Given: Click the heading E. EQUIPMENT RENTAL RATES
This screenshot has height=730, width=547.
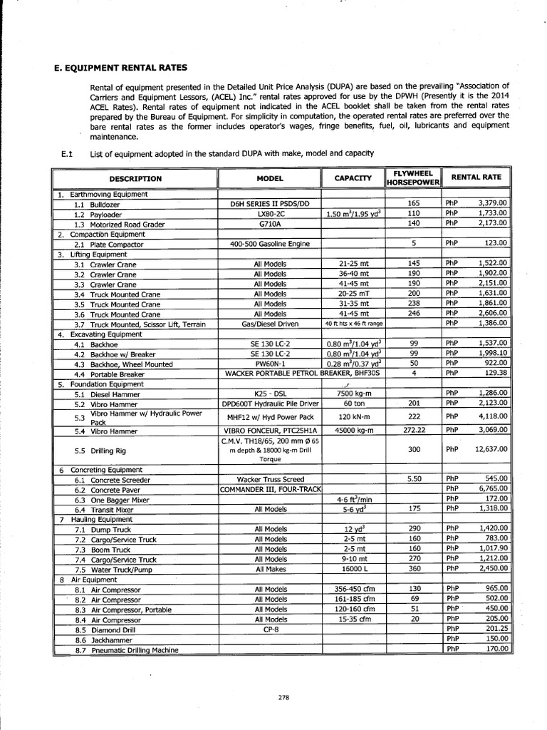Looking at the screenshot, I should (x=120, y=68).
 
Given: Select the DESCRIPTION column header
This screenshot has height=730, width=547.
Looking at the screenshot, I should (x=135, y=178).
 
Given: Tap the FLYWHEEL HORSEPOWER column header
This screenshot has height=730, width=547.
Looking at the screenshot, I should (x=412, y=178).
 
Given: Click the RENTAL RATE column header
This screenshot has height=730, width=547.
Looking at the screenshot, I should (x=476, y=176).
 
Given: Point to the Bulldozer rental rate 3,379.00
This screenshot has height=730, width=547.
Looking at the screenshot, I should (x=492, y=202).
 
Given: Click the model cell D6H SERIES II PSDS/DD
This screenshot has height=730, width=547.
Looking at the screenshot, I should (x=270, y=204).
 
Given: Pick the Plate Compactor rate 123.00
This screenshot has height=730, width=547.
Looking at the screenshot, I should (x=496, y=243).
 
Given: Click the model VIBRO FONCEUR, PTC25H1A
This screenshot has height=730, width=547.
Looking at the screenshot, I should (x=270, y=431).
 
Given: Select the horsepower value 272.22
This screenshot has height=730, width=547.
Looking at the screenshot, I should (x=414, y=431).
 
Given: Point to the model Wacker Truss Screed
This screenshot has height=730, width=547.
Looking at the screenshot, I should (x=270, y=479).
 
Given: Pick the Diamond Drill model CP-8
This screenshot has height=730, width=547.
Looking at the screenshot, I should (x=270, y=629).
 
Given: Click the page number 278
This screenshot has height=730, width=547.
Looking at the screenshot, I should (x=283, y=698).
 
